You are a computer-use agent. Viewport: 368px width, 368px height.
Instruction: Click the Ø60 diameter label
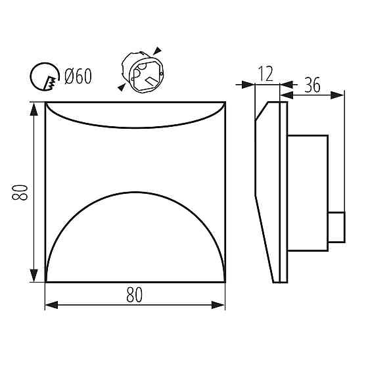(78, 76)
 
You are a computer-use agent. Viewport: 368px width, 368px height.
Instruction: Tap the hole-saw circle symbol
(31, 76)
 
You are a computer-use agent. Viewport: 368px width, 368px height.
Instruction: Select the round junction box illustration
(143, 72)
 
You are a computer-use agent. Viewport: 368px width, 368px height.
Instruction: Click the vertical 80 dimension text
(20, 192)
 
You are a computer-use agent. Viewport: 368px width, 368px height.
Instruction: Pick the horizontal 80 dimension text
(135, 295)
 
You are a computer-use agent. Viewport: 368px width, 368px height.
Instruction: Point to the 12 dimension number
(265, 74)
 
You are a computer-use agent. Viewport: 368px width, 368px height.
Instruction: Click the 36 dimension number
(312, 85)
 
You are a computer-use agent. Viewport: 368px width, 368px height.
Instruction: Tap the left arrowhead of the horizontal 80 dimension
(51, 305)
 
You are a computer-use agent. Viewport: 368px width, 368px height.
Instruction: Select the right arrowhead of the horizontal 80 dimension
(218, 305)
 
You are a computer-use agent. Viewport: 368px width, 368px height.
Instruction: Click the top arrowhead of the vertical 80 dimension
(34, 109)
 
